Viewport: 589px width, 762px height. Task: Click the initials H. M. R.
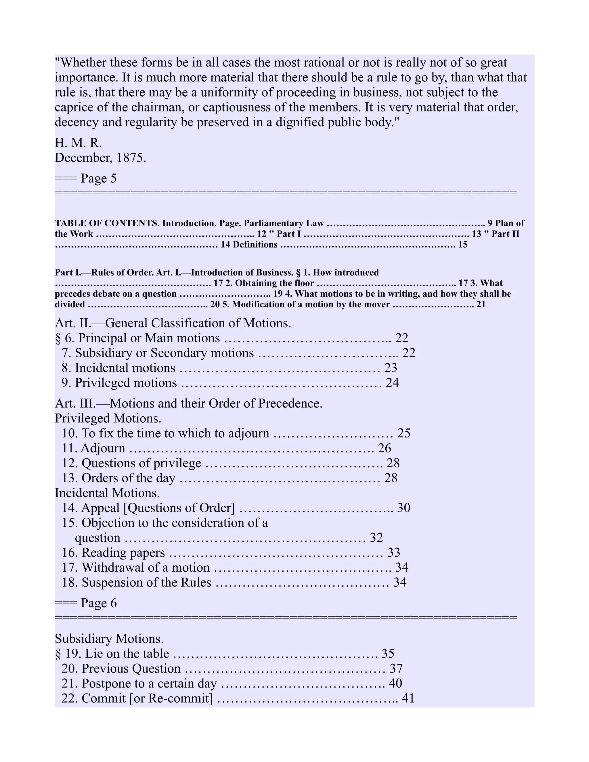pos(78,143)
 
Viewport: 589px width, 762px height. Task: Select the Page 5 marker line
pos(86,178)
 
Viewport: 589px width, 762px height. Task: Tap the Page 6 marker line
pos(86,603)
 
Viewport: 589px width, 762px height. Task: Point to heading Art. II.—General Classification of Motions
pos(173,323)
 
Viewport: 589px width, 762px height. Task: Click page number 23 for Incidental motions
pos(391,368)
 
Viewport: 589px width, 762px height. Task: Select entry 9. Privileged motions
pos(119,383)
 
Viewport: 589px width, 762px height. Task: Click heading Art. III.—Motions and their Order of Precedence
pos(188,403)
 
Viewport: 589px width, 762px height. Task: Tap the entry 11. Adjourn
pos(93,448)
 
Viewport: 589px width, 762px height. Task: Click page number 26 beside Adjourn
pos(385,448)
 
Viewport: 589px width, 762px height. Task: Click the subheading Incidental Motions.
pos(107,493)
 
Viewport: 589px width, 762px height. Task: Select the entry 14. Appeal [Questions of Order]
pos(148,508)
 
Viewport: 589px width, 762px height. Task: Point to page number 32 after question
pos(376,538)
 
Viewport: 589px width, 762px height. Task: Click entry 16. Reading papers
pos(113,553)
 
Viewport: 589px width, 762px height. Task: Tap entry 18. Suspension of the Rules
pos(136,582)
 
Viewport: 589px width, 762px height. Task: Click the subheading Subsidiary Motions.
pos(109,638)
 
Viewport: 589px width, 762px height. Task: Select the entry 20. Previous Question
pos(121,669)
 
